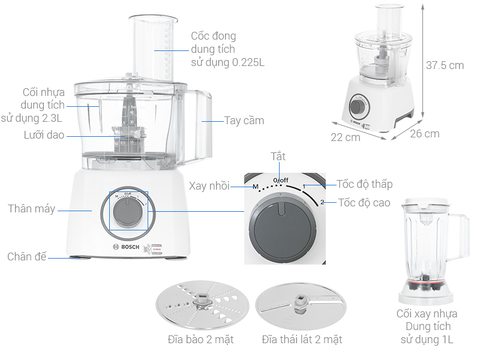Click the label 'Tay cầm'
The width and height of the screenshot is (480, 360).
tap(244, 120)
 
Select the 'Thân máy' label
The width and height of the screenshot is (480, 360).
tap(31, 209)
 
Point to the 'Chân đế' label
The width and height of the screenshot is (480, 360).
tap(26, 257)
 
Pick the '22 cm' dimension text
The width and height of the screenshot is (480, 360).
tap(346, 137)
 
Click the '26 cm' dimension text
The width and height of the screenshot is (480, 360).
tap(425, 134)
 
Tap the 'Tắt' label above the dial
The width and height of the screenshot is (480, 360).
tap(278, 157)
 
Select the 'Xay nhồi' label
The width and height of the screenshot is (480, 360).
tap(209, 185)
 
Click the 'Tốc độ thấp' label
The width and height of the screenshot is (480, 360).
tap(364, 184)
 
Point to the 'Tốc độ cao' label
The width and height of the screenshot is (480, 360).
tap(364, 202)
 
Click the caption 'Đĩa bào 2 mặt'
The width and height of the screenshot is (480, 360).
tap(200, 340)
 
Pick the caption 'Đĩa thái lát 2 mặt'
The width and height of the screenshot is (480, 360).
tap(302, 340)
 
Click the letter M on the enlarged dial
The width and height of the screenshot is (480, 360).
tap(255, 187)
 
